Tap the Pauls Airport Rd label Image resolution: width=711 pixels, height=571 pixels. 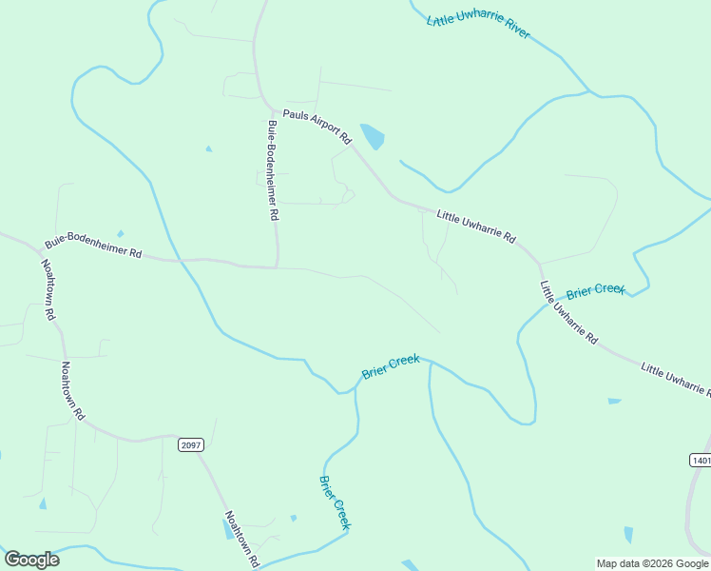(x=317, y=126)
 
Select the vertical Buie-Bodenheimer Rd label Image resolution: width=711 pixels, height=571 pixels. (x=272, y=170)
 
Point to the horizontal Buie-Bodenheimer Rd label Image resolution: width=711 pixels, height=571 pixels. (x=93, y=248)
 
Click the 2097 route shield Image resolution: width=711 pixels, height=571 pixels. (x=191, y=444)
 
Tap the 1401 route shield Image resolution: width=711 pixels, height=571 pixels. (x=700, y=460)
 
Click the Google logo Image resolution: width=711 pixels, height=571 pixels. (x=31, y=560)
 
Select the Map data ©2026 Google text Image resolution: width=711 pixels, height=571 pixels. (x=652, y=563)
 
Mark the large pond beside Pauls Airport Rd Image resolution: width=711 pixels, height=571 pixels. (x=373, y=137)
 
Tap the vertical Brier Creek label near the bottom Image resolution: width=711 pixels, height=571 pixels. (x=336, y=502)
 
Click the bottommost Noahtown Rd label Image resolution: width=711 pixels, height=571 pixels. (x=241, y=540)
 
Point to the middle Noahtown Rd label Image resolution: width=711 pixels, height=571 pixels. (x=73, y=390)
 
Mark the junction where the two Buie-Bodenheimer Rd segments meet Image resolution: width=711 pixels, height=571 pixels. (x=277, y=267)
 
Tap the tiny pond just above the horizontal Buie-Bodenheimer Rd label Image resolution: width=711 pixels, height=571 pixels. (x=120, y=233)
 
